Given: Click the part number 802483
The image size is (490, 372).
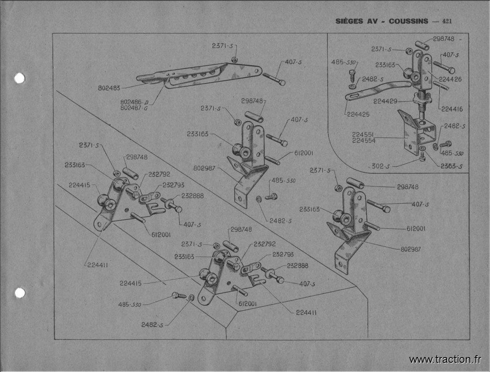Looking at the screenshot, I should [x=109, y=87].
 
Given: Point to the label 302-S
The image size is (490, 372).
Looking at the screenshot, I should [x=381, y=166].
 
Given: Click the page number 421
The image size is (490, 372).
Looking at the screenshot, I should [x=448, y=21].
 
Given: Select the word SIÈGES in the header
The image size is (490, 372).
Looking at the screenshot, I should [x=350, y=21].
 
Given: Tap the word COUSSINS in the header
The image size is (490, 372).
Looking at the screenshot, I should [x=408, y=21].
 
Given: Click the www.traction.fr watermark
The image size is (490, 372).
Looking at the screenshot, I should [x=445, y=359].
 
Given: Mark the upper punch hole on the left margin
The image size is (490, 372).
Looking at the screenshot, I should [x=20, y=78].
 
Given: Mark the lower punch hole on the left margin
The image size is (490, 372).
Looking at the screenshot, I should [x=20, y=293].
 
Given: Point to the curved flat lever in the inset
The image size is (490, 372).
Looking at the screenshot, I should [x=377, y=88].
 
